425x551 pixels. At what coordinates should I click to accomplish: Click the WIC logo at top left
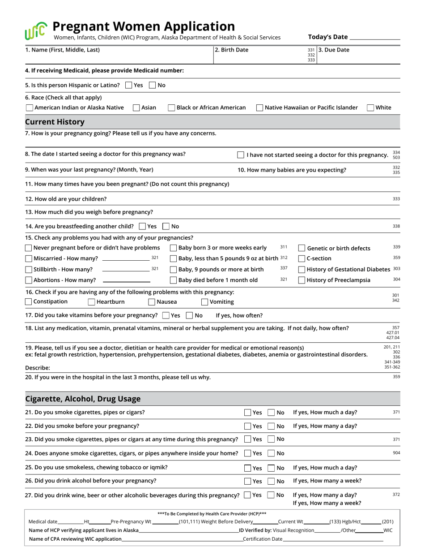click(x=36, y=31)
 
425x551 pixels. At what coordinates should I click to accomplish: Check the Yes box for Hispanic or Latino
click(x=129, y=85)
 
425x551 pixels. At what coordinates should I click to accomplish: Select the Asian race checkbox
click(x=136, y=108)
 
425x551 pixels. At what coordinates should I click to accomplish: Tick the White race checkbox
click(x=370, y=108)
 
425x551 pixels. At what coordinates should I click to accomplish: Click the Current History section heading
click(x=55, y=122)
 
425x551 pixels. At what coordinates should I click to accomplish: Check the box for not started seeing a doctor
click(x=241, y=155)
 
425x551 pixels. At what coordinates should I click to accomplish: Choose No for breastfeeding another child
click(x=166, y=226)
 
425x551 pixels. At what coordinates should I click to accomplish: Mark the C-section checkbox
click(x=302, y=258)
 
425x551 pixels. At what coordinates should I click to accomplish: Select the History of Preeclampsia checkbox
click(x=302, y=280)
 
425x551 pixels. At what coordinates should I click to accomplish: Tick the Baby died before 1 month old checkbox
click(x=174, y=280)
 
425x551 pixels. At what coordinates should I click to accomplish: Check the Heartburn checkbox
click(x=92, y=302)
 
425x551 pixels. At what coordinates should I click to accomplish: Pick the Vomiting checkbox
click(x=205, y=302)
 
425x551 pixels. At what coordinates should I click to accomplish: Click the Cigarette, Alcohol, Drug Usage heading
click(x=83, y=399)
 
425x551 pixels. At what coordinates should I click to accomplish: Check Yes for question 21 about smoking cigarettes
click(x=248, y=413)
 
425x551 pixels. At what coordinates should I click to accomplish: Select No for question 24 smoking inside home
click(x=271, y=453)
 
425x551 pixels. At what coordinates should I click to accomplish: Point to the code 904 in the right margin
click(x=396, y=453)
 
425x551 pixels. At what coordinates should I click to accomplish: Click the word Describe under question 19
click(x=38, y=368)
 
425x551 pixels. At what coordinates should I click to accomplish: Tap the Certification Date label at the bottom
click(x=263, y=539)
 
